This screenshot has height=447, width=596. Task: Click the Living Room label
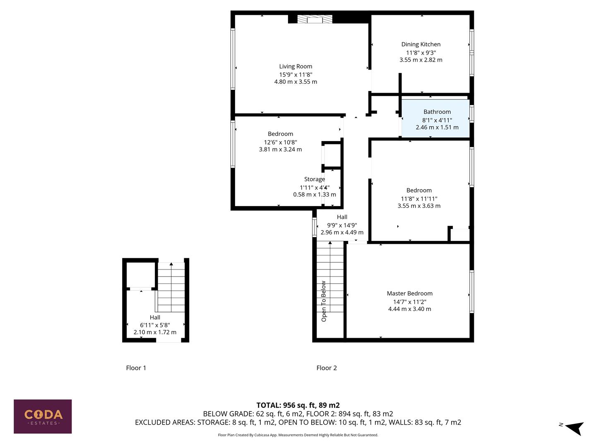pos(296,66)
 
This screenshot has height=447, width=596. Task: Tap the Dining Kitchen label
pos(421,44)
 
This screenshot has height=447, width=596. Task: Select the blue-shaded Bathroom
pos(436,119)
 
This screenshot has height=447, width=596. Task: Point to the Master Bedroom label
pos(409,293)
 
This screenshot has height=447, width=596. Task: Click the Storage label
pos(315,179)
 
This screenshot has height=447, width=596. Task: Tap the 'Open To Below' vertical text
pos(324,301)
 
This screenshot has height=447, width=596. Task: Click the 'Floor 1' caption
pos(136,368)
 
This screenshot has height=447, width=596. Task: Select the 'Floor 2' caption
pos(327,368)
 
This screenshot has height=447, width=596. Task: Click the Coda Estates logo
pos(43,416)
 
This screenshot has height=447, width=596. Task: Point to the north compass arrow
pos(574,428)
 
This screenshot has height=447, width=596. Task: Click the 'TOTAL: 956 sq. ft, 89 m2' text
pos(298,405)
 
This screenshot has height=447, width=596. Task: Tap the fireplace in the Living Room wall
pos(315,19)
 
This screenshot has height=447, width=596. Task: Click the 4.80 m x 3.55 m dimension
pos(296,82)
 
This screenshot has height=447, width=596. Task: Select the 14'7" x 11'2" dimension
pos(409,302)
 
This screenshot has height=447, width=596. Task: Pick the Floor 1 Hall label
pos(155,317)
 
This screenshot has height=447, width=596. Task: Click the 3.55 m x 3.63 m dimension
pos(419,206)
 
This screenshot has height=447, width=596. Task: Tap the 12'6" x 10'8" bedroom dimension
pos(280,142)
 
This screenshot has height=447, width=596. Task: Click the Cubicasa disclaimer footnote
pos(298,435)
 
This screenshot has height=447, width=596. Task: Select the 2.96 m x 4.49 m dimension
pos(342,233)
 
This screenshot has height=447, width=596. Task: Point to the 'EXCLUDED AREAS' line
pos(298,422)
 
